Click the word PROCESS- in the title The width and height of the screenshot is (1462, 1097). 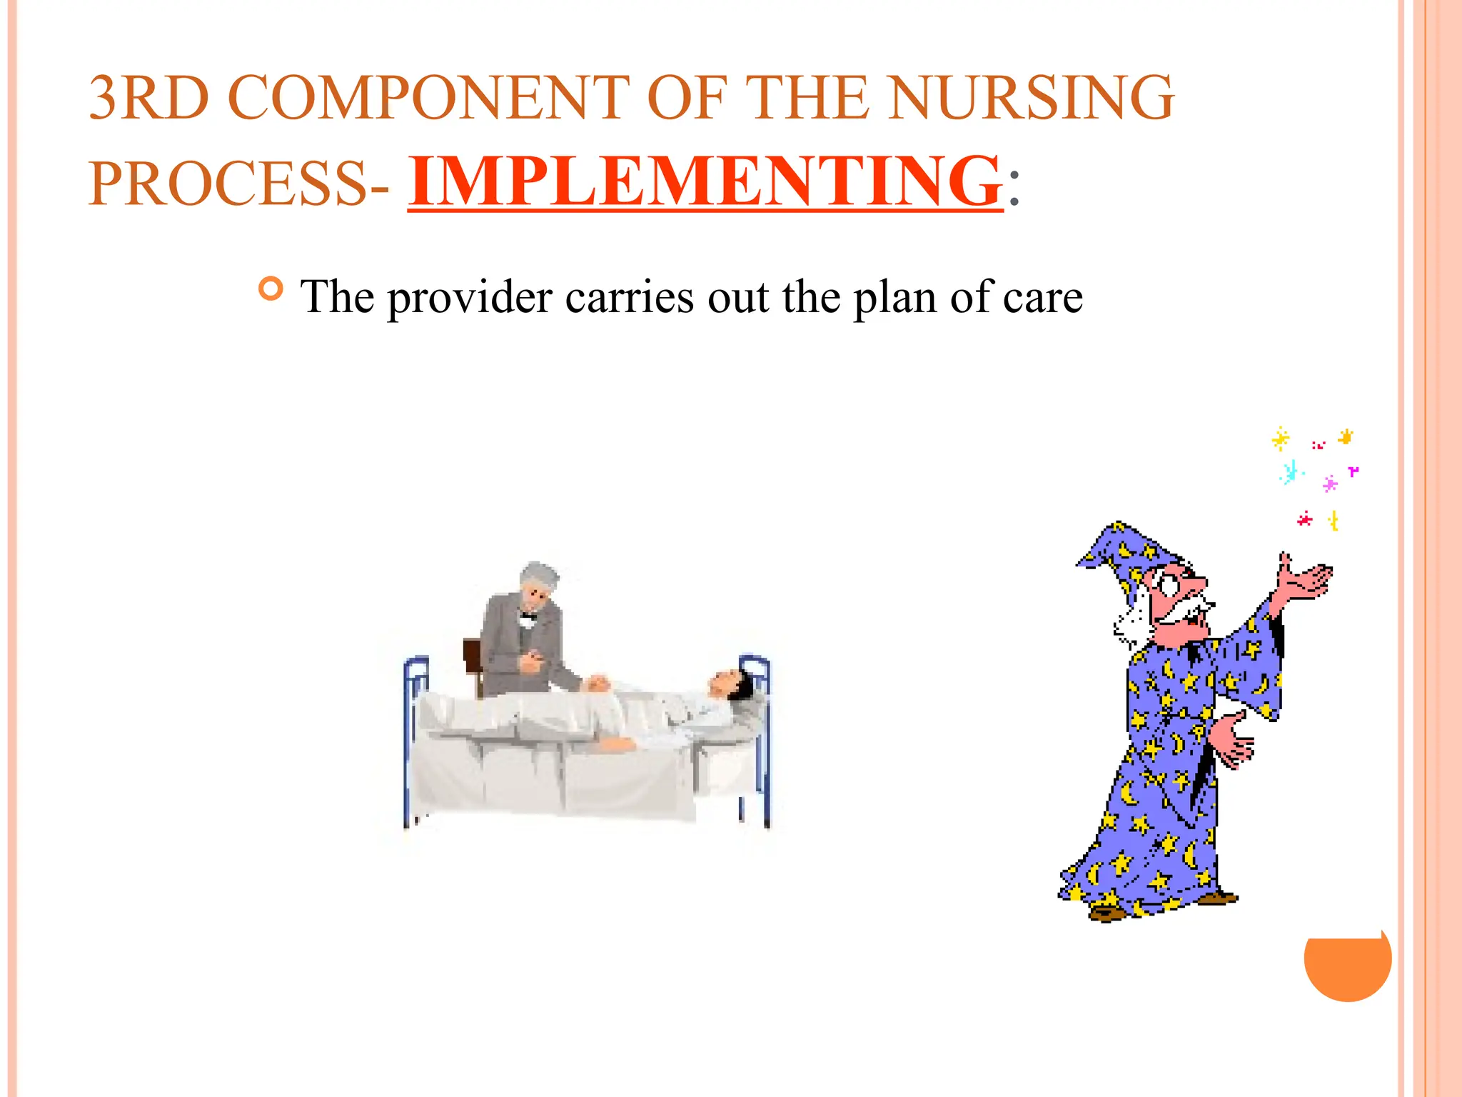point(239,184)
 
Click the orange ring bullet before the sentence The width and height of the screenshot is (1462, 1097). point(271,289)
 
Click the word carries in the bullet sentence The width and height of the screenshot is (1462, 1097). point(629,297)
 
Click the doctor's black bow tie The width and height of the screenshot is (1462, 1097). point(528,615)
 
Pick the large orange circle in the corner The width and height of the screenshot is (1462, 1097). point(1347,961)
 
